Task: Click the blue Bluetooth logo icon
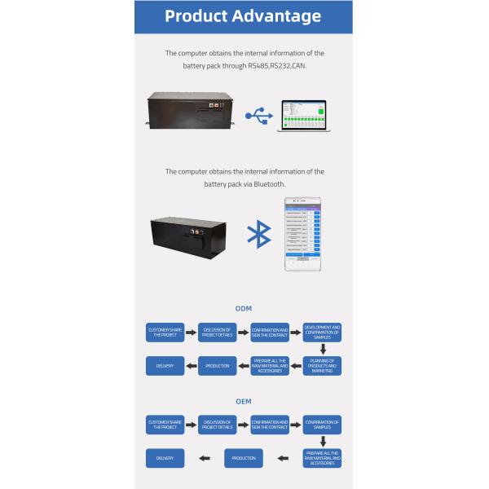click(258, 233)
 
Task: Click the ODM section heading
click(243, 309)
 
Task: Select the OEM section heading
click(243, 402)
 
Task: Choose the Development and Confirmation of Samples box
click(322, 332)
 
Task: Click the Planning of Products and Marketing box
click(322, 365)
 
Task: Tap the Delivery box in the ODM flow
click(165, 366)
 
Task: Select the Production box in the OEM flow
click(244, 458)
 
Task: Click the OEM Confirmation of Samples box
click(322, 424)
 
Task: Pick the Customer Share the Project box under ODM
click(165, 332)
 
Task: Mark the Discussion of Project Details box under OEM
click(218, 424)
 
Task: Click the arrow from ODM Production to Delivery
click(191, 366)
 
